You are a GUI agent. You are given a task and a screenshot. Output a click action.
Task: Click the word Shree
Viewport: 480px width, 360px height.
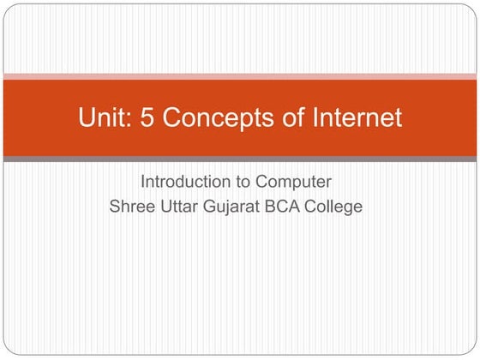click(x=130, y=207)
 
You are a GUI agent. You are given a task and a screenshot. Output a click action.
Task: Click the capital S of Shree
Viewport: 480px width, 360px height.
click(x=115, y=207)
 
